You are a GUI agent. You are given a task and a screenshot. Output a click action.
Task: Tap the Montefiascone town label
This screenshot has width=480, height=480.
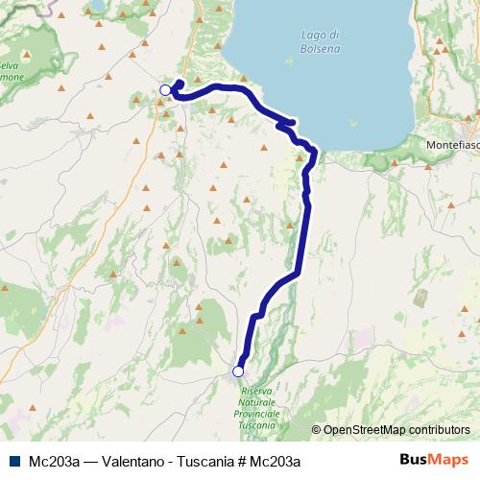pyautogui.click(x=452, y=145)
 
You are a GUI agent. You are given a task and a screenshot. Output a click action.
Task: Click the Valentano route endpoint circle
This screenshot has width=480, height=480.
pyautogui.click(x=165, y=90)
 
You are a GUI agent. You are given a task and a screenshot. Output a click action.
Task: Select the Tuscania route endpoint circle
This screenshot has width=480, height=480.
pyautogui.click(x=238, y=372)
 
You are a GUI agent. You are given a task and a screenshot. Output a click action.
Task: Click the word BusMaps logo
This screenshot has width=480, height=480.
pyautogui.click(x=434, y=460)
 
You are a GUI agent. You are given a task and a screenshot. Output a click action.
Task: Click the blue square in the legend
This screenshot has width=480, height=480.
pyautogui.click(x=16, y=461)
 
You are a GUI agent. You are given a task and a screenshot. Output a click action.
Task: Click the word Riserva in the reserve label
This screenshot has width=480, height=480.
pyautogui.click(x=257, y=392)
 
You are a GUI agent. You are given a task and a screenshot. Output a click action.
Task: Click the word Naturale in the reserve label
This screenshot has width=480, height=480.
pyautogui.click(x=257, y=402)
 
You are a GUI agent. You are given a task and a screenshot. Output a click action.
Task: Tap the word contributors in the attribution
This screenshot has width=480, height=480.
pyautogui.click(x=440, y=430)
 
